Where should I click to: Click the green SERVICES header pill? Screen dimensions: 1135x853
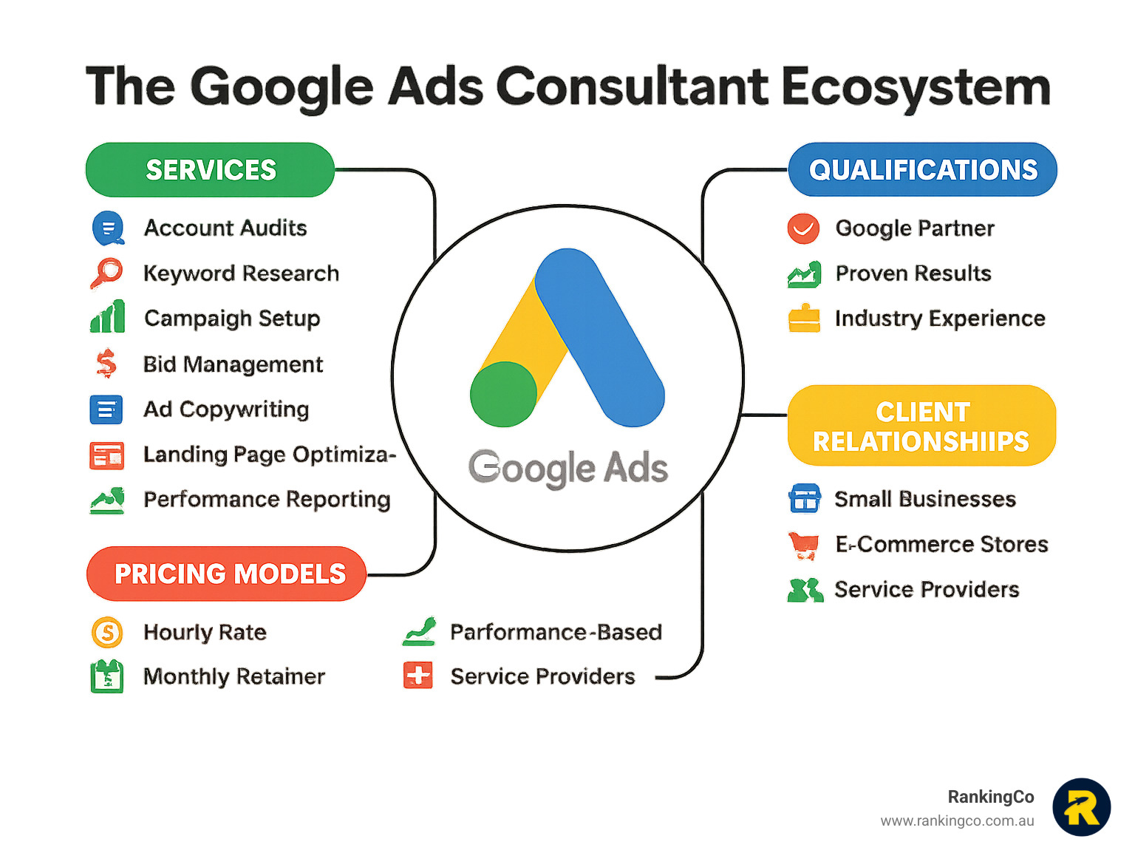(x=210, y=170)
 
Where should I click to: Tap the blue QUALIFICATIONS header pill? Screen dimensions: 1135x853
(x=922, y=170)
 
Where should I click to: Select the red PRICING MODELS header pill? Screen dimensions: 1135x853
(x=227, y=574)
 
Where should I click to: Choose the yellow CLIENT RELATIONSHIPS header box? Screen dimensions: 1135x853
(x=921, y=426)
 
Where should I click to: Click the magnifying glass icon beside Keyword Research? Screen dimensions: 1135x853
(x=107, y=273)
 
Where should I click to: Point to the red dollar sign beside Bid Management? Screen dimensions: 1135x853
(x=106, y=363)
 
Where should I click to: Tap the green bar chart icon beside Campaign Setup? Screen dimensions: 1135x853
(x=108, y=316)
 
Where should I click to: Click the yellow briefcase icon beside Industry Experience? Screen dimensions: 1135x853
(x=804, y=318)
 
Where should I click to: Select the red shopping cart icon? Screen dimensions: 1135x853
(x=803, y=546)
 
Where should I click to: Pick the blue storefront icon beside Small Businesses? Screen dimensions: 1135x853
(x=805, y=498)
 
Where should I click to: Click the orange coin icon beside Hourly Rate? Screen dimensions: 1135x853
(x=107, y=632)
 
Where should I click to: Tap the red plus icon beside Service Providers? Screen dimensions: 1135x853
(x=417, y=676)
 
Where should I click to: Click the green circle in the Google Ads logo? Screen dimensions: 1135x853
(x=503, y=394)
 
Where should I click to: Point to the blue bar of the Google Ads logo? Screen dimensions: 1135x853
(x=600, y=338)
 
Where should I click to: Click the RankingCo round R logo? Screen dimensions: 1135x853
(x=1082, y=807)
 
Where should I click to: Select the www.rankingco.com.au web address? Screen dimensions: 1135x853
(x=957, y=821)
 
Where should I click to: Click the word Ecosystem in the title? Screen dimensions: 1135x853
(x=916, y=88)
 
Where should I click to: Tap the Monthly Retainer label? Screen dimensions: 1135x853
(x=234, y=676)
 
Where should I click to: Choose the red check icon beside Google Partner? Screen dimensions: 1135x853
(x=803, y=228)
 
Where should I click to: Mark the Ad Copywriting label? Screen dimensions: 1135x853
(x=226, y=409)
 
